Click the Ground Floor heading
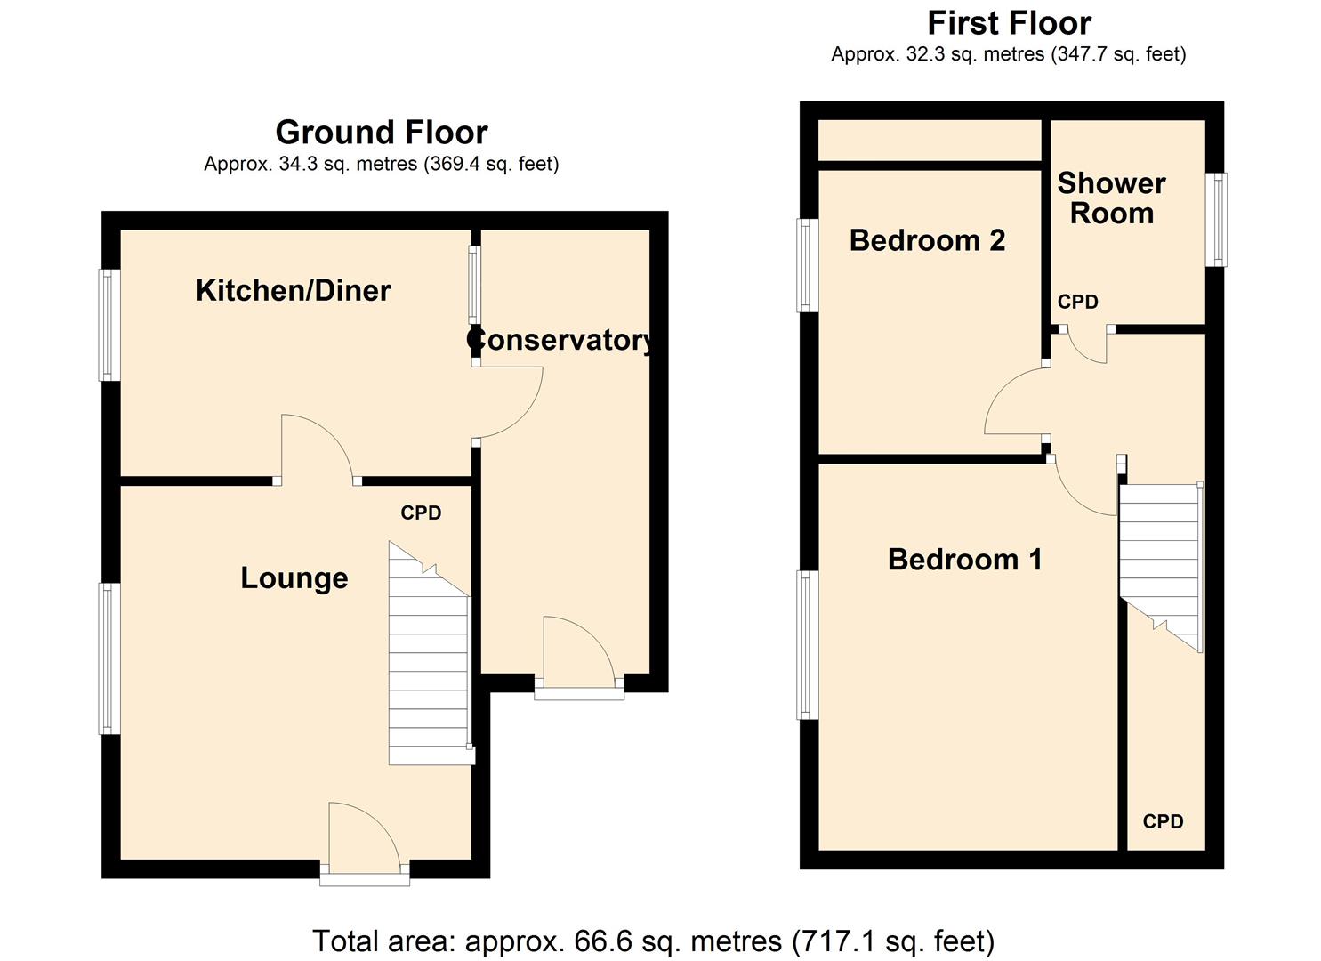click(381, 133)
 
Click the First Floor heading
click(1009, 22)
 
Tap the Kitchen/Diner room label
click(293, 290)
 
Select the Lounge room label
click(294, 578)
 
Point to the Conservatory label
click(561, 340)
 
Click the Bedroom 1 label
click(964, 560)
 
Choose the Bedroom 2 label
click(927, 240)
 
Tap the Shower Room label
click(1111, 198)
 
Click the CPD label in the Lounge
click(421, 513)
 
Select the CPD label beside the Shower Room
click(1077, 303)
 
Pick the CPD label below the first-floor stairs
click(1163, 822)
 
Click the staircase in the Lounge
click(429, 658)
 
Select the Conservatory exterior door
click(578, 655)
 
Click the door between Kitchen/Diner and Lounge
click(317, 449)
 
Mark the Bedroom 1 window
click(808, 644)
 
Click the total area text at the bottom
click(653, 941)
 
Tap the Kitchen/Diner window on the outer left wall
click(109, 325)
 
